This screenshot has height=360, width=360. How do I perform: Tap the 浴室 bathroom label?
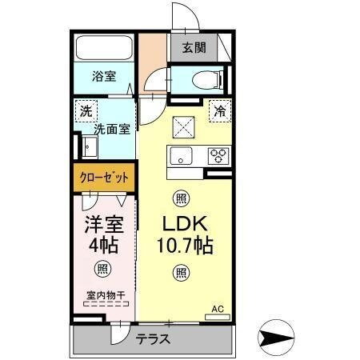point(104,76)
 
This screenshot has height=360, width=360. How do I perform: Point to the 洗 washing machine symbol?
point(85,111)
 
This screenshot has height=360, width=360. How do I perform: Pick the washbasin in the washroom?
point(87,146)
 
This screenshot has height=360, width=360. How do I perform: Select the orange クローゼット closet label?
point(106,176)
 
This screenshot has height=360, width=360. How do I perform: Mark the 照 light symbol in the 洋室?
point(102,269)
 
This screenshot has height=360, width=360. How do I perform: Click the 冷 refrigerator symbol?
point(218,111)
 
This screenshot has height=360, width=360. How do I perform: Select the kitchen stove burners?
point(218,155)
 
